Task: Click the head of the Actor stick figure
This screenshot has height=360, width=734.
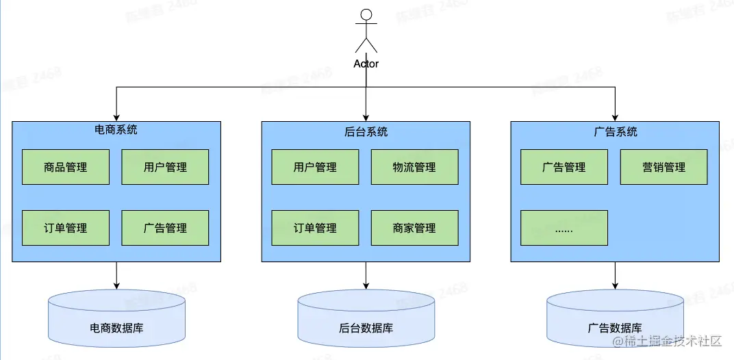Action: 366,14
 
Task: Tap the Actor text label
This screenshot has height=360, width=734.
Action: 366,64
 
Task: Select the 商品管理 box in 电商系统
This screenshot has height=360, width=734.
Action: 66,167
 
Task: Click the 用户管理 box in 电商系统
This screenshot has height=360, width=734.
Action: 165,167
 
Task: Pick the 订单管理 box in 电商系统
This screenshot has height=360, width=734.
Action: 66,228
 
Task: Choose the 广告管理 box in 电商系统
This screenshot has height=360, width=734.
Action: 165,228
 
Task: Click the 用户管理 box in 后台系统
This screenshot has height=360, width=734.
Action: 315,167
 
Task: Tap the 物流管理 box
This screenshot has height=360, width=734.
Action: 414,167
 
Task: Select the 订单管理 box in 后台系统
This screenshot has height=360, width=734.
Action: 315,228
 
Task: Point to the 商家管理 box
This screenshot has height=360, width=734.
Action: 414,228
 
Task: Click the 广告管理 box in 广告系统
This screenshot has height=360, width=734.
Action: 564,167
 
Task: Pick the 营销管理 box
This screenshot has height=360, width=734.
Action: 663,167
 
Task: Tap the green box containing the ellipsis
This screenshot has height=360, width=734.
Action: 564,228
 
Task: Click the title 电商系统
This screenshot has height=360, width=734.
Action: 116,129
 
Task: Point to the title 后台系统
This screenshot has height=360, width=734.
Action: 366,131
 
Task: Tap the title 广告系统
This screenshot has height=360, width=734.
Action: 615,131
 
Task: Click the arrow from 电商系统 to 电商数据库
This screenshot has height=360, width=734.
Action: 116,275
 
